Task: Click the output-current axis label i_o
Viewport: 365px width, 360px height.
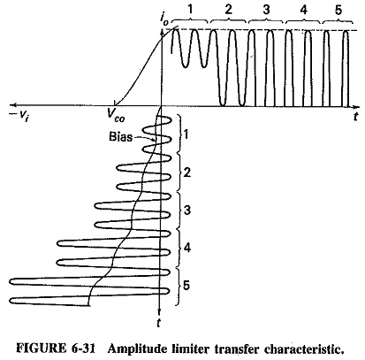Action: tap(164, 19)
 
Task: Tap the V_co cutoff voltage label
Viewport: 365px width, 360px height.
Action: tap(116, 114)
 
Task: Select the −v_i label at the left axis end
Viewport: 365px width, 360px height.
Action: tap(20, 116)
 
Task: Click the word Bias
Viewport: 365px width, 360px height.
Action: tap(120, 137)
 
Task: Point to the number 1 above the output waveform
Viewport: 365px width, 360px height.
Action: tap(190, 10)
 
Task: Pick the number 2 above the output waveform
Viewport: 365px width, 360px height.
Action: tap(228, 10)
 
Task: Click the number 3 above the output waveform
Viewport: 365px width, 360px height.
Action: tap(266, 10)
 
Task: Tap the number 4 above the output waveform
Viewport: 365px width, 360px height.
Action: tap(304, 10)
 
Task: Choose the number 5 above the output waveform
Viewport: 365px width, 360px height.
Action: tap(338, 10)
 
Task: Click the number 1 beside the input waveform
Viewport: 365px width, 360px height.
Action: tap(186, 134)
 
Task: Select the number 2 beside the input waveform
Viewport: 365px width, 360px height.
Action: tap(186, 172)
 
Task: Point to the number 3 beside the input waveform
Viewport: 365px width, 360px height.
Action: tap(186, 211)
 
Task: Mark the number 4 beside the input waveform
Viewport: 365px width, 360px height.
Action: tap(186, 248)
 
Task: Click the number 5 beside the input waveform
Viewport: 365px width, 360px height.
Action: tap(186, 286)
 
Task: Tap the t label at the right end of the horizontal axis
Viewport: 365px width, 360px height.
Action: tap(356, 117)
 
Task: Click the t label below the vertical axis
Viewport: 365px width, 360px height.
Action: tap(158, 323)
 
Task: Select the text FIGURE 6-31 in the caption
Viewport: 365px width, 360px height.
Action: tap(56, 349)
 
